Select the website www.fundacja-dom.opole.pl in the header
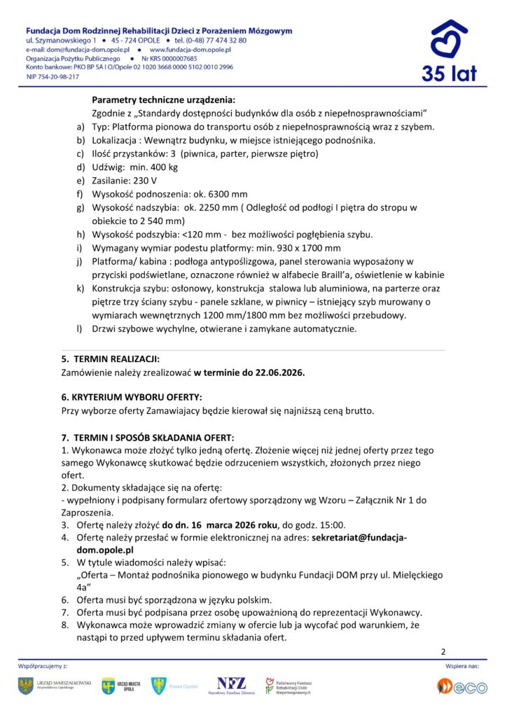[190, 50]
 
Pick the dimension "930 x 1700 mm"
[305, 247]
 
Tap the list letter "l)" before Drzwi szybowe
[79, 328]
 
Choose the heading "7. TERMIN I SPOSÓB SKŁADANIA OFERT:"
[148, 436]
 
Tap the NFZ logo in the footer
[232, 685]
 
